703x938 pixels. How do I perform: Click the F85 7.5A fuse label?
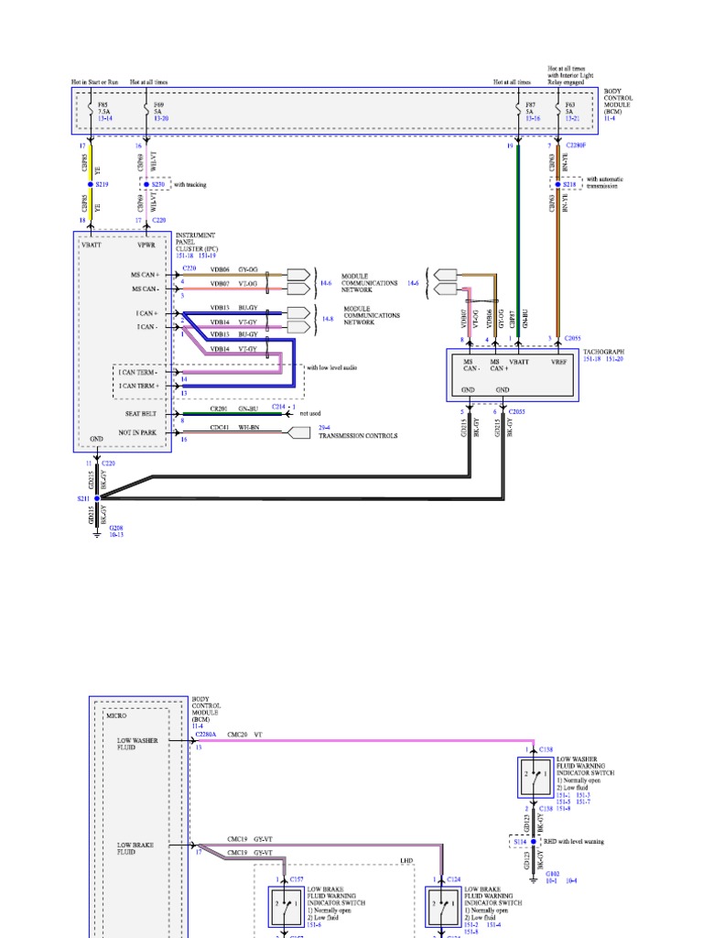pos(105,111)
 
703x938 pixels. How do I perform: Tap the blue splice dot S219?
pos(89,184)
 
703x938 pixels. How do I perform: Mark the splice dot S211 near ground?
pos(97,498)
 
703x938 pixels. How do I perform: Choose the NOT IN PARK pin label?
pos(136,432)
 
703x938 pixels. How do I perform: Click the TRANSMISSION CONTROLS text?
pos(358,436)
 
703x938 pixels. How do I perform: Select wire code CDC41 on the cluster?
pos(220,426)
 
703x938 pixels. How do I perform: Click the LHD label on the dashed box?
pos(407,861)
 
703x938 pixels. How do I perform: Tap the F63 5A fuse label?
pos(569,111)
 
